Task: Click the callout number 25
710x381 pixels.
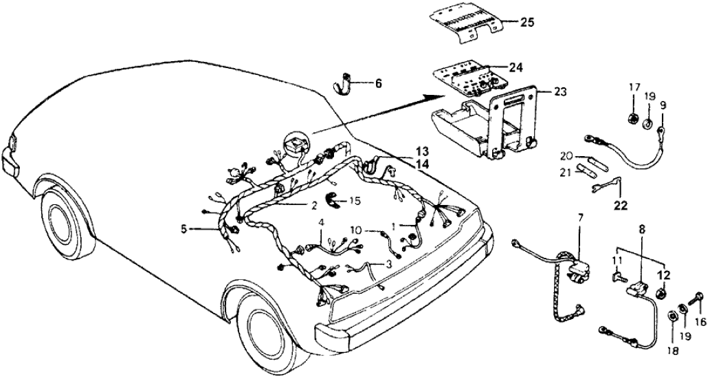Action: pyautogui.click(x=527, y=23)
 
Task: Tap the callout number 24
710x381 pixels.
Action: pyautogui.click(x=516, y=67)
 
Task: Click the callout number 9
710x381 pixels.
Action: pyautogui.click(x=663, y=105)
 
